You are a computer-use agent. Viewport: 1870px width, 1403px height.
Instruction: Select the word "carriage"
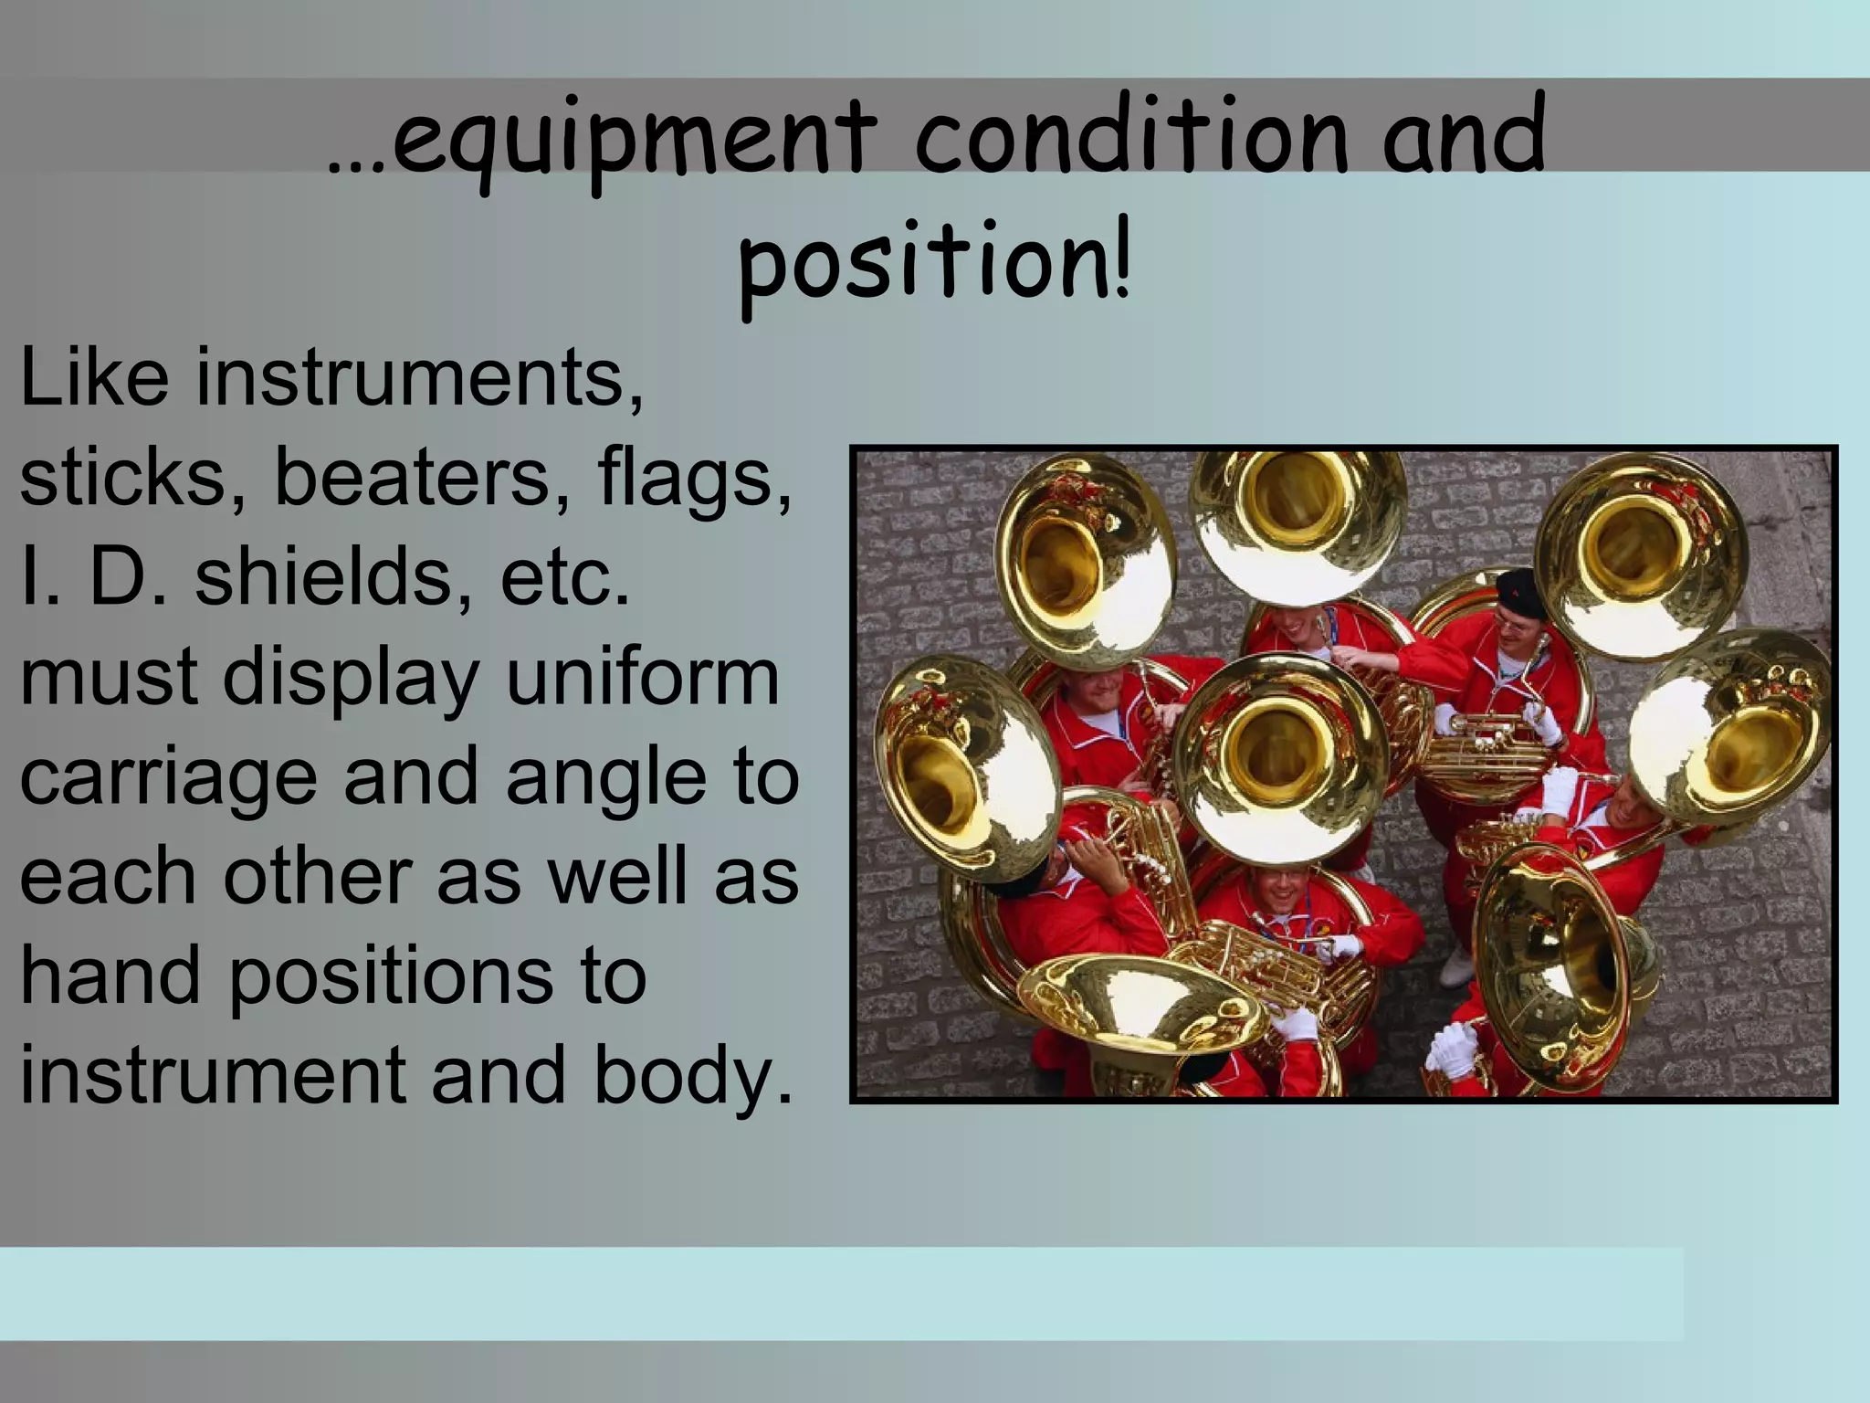[x=169, y=778]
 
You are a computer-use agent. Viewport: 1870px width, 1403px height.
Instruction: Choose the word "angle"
[x=606, y=778]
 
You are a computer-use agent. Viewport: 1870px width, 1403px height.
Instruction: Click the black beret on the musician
[x=1519, y=590]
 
